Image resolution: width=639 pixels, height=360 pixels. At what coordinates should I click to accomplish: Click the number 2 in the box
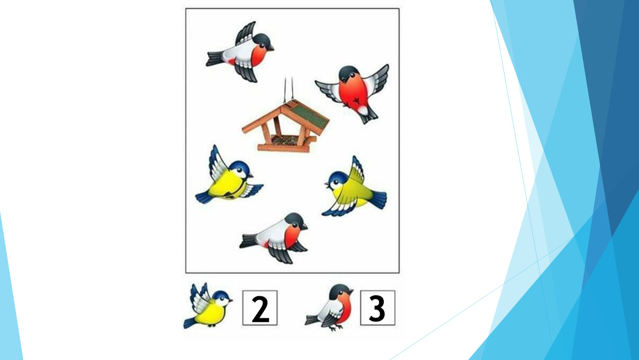[261, 309]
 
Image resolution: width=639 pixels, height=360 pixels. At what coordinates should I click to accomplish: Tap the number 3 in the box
[377, 308]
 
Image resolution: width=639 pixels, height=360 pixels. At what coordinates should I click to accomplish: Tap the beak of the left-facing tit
[326, 184]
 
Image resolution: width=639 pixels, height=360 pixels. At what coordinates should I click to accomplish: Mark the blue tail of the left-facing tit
[378, 199]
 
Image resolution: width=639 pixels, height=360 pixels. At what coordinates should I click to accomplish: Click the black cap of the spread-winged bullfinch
[348, 72]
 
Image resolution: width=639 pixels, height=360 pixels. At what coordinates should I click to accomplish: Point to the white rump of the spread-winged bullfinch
[363, 110]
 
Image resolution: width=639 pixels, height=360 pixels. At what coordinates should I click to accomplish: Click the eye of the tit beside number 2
[223, 298]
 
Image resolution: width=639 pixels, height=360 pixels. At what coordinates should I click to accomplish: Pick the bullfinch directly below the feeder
[274, 238]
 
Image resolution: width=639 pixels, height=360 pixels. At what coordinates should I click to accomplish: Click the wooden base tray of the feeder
[283, 148]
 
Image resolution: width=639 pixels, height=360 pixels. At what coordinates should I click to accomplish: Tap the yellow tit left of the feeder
[228, 178]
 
